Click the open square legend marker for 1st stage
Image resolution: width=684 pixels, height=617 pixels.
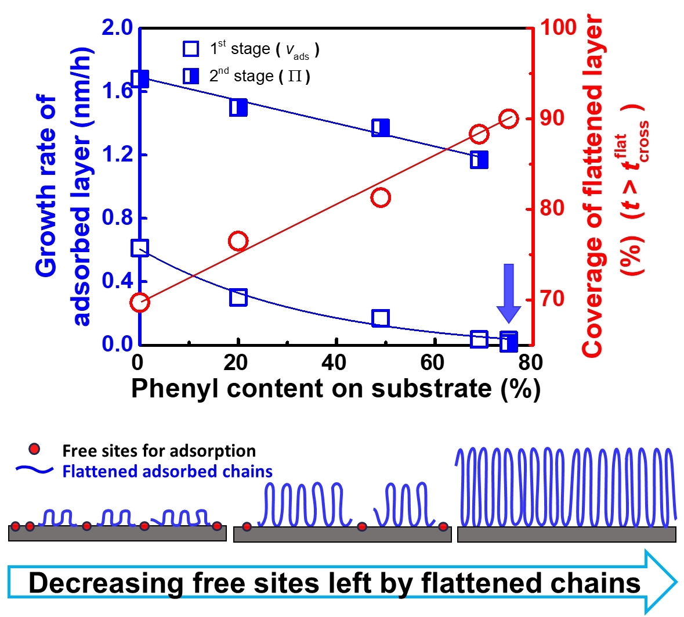tap(191, 48)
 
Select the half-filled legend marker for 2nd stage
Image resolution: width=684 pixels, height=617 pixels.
tap(191, 76)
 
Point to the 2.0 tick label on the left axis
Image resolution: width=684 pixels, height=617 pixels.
tap(117, 27)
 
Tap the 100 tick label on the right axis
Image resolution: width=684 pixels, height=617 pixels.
tap(558, 27)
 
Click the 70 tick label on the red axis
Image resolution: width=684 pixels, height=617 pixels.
tap(552, 299)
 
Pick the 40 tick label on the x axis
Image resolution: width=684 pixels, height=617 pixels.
tap(334, 363)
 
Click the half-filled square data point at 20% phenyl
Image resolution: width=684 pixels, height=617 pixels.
tap(238, 107)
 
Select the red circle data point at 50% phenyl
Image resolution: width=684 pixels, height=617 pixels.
tap(381, 198)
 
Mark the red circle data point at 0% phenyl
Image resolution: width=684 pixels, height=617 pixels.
tap(140, 302)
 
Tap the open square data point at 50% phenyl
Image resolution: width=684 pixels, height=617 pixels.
tap(381, 318)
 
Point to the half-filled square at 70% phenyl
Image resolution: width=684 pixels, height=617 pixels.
tap(479, 160)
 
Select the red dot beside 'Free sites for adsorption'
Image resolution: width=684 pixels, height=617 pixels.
tap(34, 449)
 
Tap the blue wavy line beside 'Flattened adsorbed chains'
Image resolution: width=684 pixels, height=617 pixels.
tap(34, 470)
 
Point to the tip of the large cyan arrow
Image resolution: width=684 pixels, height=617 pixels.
tap(677, 582)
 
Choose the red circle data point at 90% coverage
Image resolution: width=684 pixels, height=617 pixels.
tap(509, 119)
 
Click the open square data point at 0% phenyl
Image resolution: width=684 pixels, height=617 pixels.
tap(140, 248)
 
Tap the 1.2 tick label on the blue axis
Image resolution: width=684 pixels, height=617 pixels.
tap(117, 155)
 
